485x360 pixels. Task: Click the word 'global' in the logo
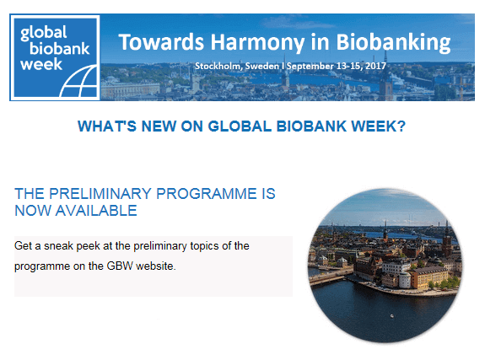coord(43,33)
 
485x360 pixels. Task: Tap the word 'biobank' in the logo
coord(59,49)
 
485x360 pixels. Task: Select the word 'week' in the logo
coord(41,64)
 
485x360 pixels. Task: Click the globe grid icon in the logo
coord(78,81)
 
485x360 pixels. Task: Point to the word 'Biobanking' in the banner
coord(393,43)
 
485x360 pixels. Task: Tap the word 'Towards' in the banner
coord(161,42)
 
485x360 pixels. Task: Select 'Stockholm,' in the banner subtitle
coord(218,67)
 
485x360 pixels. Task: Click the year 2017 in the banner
coord(375,66)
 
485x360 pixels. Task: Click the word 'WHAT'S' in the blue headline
coord(107,126)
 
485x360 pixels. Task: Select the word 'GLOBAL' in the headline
coord(240,126)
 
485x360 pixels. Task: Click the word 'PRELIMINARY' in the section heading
coord(100,194)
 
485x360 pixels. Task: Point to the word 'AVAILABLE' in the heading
coord(96,211)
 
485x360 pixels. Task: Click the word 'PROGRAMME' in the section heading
coord(207,194)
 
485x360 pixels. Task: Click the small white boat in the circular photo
coord(392,315)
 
